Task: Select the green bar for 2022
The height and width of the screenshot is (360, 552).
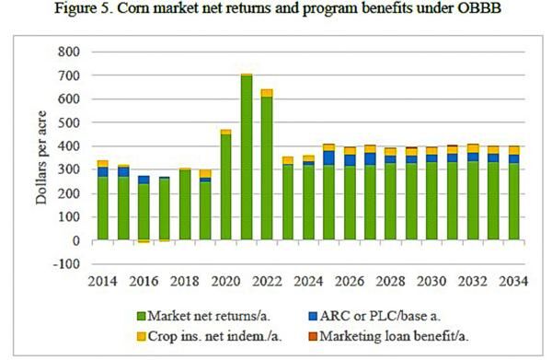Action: [x=267, y=169]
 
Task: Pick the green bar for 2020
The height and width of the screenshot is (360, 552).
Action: [x=225, y=188]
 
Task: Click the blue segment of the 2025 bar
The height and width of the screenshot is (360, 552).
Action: [x=328, y=157]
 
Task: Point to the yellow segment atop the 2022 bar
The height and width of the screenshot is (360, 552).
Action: [x=267, y=93]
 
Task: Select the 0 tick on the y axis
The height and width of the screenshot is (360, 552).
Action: [x=76, y=241]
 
